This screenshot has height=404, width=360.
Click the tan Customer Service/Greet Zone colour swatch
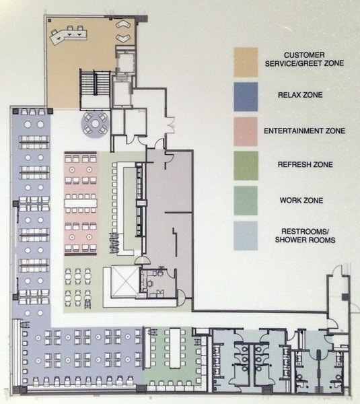pyautogui.click(x=246, y=62)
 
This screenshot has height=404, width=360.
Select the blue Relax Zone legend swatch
pyautogui.click(x=246, y=97)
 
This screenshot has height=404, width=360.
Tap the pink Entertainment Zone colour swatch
pyautogui.click(x=246, y=132)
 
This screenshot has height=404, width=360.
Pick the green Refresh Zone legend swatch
pyautogui.click(x=246, y=166)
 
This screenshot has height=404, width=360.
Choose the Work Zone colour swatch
pyautogui.click(x=246, y=201)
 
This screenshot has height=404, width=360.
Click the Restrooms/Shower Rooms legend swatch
pyautogui.click(x=246, y=236)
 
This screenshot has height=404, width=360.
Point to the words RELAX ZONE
pyautogui.click(x=300, y=95)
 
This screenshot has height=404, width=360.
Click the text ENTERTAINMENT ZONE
pyautogui.click(x=304, y=131)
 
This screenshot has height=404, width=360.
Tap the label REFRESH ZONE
pyautogui.click(x=305, y=164)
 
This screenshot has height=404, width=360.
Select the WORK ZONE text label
pyautogui.click(x=301, y=200)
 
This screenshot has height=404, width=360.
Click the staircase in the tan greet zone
pyautogui.click(x=95, y=83)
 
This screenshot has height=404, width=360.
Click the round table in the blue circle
pyautogui.click(x=96, y=124)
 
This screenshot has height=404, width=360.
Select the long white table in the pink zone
pyautogui.click(x=81, y=203)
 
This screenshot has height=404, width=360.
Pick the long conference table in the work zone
pyautogui.click(x=174, y=348)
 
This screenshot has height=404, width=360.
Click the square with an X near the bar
pyautogui.click(x=125, y=281)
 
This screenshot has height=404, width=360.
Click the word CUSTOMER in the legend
pyautogui.click(x=304, y=55)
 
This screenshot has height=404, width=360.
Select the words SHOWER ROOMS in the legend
pyautogui.click(x=305, y=240)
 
